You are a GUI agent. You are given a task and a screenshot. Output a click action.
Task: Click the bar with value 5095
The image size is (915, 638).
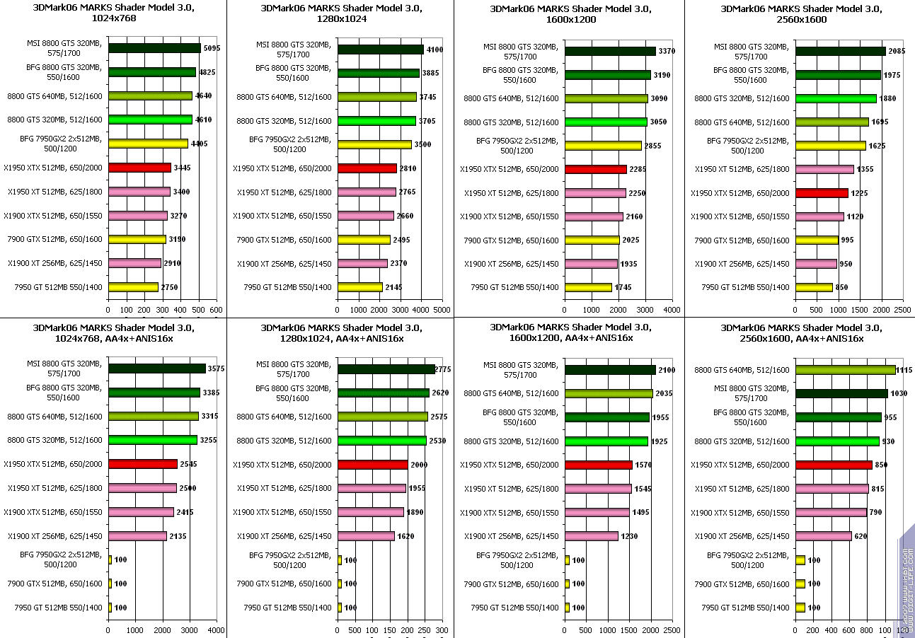(154, 48)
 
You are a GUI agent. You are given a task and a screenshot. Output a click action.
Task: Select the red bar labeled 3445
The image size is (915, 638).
(139, 168)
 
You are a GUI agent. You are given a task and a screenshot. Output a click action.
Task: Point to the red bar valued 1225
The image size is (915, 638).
(822, 193)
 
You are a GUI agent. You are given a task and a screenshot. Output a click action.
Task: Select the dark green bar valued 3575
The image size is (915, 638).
(156, 369)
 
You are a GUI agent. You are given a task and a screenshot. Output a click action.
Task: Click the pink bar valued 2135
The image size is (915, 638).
(137, 536)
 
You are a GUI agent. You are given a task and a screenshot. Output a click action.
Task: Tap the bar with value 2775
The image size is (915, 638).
(386, 369)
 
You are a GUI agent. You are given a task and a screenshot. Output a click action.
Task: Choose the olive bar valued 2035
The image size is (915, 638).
(609, 393)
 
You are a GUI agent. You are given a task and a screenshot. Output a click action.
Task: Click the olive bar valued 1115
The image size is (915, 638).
(845, 370)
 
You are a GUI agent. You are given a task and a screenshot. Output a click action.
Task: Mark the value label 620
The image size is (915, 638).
(861, 536)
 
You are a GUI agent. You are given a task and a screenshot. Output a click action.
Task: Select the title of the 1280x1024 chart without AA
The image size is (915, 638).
(341, 13)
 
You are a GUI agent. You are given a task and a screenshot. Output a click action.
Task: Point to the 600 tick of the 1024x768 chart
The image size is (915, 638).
(217, 310)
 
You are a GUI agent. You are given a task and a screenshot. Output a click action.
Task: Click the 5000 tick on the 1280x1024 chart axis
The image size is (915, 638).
(442, 310)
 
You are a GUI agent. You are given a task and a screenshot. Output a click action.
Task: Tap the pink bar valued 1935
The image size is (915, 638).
(591, 264)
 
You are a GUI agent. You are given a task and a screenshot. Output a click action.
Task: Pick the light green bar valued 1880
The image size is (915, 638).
(836, 98)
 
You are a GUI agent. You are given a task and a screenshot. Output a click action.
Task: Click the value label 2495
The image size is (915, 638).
(402, 239)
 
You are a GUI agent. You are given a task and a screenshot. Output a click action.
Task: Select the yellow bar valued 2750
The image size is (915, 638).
(133, 287)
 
